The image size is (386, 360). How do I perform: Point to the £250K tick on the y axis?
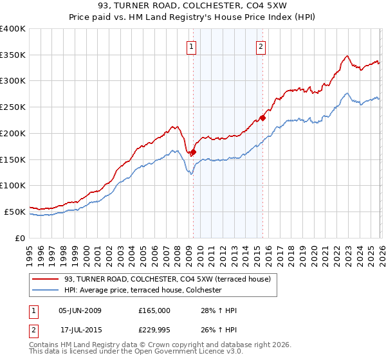13,107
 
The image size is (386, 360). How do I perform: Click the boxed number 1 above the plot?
192,46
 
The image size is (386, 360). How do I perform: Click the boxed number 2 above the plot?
261,46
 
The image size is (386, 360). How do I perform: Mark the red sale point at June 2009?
193,152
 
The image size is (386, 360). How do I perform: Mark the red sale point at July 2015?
262,118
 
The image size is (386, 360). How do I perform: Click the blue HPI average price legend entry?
142,290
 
